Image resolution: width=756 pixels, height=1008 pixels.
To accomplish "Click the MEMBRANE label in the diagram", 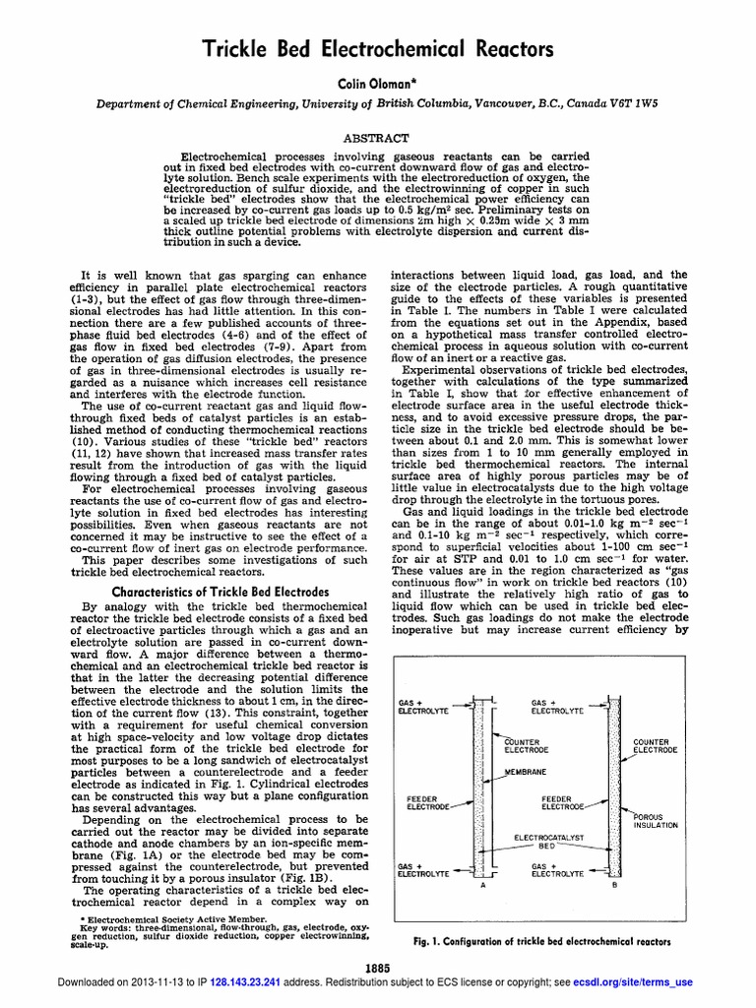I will (527, 772).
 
